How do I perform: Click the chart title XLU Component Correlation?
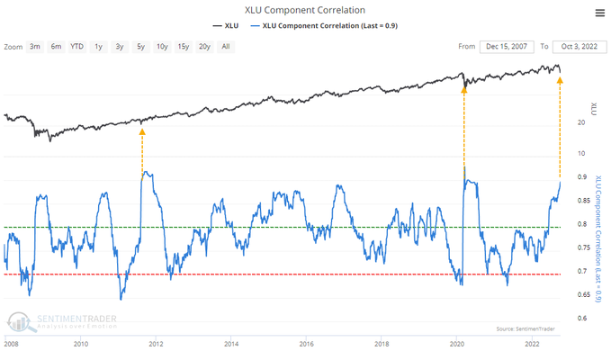[305, 10]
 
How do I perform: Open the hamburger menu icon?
[599, 12]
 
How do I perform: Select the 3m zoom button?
[35, 46]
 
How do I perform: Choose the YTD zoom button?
[76, 46]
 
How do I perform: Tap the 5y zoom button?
[140, 46]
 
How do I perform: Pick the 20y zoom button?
[204, 46]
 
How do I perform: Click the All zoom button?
[225, 46]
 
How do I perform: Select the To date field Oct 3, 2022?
[578, 46]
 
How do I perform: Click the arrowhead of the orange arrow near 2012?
[142, 132]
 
